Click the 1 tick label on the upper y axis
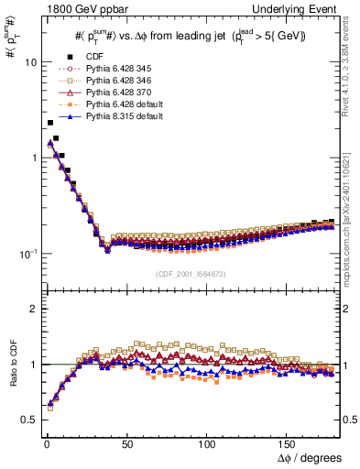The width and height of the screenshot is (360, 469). pos(32,158)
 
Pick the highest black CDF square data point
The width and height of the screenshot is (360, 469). pos(49,123)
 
